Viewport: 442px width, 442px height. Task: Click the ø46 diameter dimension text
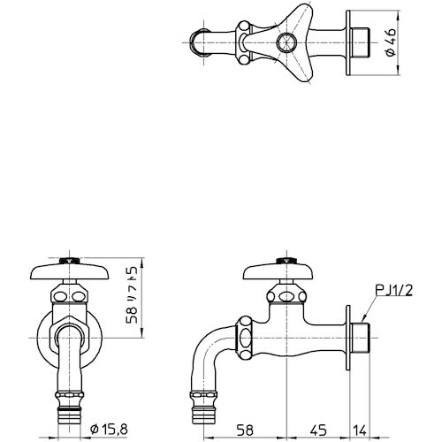point(392,42)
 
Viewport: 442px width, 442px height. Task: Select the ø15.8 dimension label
point(113,431)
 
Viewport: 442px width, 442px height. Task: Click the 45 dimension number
point(316,431)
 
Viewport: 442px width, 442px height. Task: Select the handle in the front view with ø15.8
point(67,270)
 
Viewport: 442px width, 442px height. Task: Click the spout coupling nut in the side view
point(247,334)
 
